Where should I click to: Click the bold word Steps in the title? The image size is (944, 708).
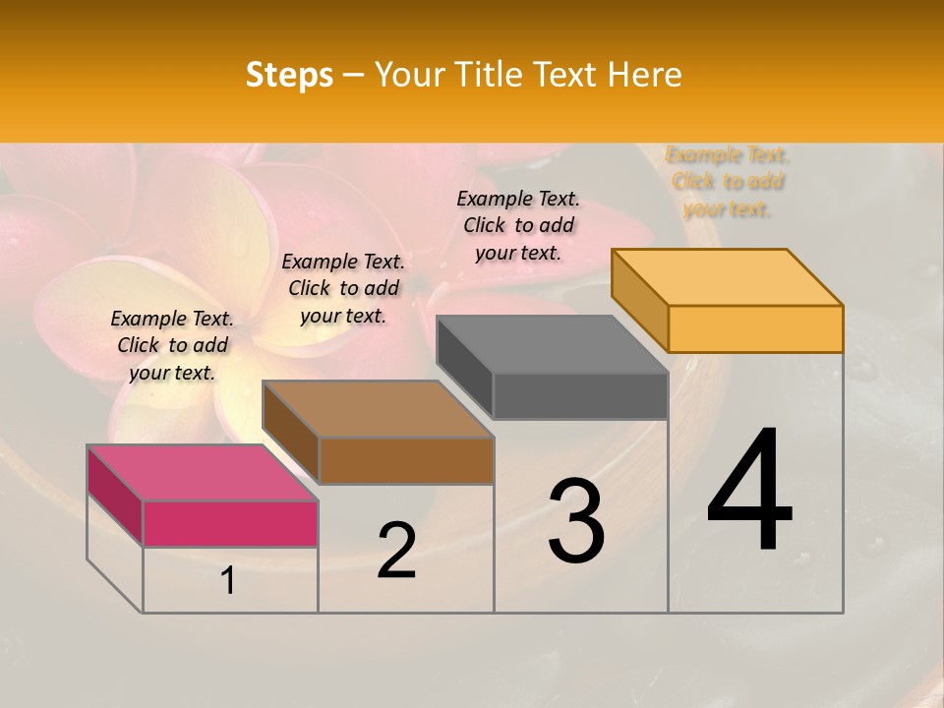pos(289,75)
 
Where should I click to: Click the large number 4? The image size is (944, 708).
pos(749,491)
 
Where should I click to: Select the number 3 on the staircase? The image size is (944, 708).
pos(575,521)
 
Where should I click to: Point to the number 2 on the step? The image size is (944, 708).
pos(396,550)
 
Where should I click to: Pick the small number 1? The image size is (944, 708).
pos(227,581)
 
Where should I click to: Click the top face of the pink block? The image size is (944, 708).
pos(203,472)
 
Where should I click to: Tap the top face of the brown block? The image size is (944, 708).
pos(378,408)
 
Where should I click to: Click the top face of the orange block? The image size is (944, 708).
pos(728,276)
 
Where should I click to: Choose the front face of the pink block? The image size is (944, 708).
pos(230,523)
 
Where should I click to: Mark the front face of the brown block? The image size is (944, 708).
pos(406,460)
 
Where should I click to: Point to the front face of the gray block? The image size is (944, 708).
pos(580,396)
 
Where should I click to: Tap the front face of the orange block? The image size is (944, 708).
pos(755,328)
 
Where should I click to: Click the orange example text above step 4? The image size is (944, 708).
pos(728,182)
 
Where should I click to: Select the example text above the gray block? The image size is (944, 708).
pos(518,225)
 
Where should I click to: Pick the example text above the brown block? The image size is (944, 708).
pos(343,288)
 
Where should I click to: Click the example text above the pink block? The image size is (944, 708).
pos(172,345)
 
